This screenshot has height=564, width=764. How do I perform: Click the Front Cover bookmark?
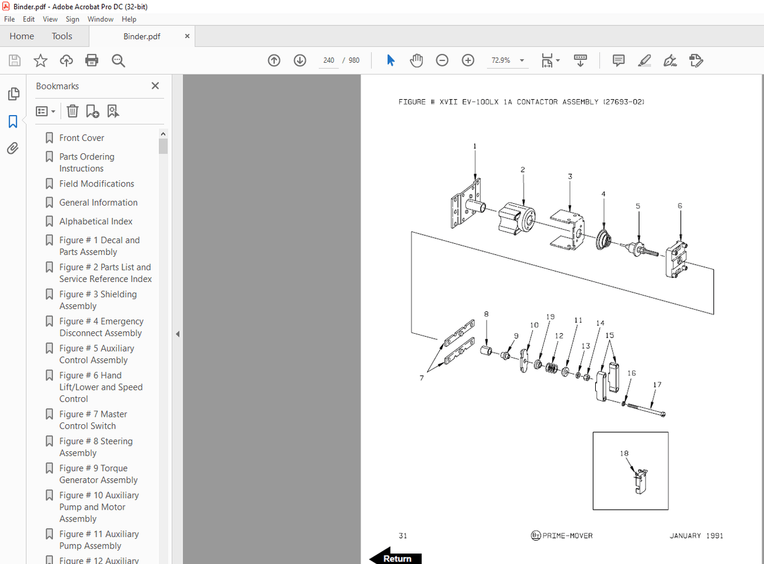point(81,138)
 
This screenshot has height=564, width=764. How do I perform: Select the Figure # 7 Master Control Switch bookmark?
point(93,420)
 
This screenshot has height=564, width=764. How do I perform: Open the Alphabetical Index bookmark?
point(95,221)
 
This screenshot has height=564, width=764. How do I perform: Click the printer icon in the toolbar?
point(92,60)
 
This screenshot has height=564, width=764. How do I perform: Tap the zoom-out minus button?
point(442,60)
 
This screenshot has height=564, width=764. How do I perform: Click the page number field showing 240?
point(328,60)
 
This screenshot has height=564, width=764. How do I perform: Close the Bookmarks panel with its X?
point(155,86)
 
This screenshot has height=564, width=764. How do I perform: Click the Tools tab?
point(62,36)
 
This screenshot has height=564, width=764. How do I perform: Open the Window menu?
point(100,19)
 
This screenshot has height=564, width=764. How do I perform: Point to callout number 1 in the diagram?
point(475,147)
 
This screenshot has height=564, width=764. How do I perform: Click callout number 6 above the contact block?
point(680,206)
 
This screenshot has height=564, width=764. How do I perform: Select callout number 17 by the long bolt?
point(657,385)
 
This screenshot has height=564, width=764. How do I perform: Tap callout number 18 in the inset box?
point(624,454)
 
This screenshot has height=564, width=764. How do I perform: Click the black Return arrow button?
point(396,557)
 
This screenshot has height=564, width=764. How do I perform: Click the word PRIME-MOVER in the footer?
point(567,536)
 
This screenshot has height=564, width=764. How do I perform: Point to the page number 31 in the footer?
point(403,536)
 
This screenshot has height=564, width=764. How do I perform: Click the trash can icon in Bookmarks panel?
point(73,111)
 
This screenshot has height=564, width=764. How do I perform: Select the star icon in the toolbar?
point(41,60)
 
